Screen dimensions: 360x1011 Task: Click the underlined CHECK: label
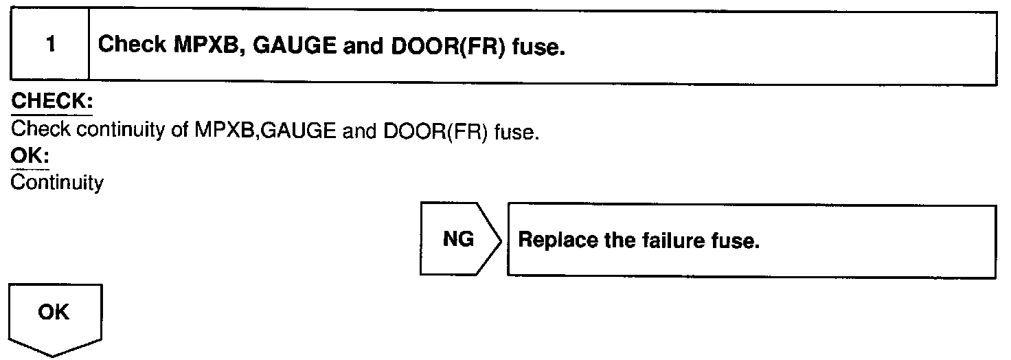point(52,102)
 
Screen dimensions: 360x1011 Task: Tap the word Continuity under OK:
point(58,183)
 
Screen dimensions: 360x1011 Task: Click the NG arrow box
point(458,240)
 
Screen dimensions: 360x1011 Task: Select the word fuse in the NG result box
point(738,242)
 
